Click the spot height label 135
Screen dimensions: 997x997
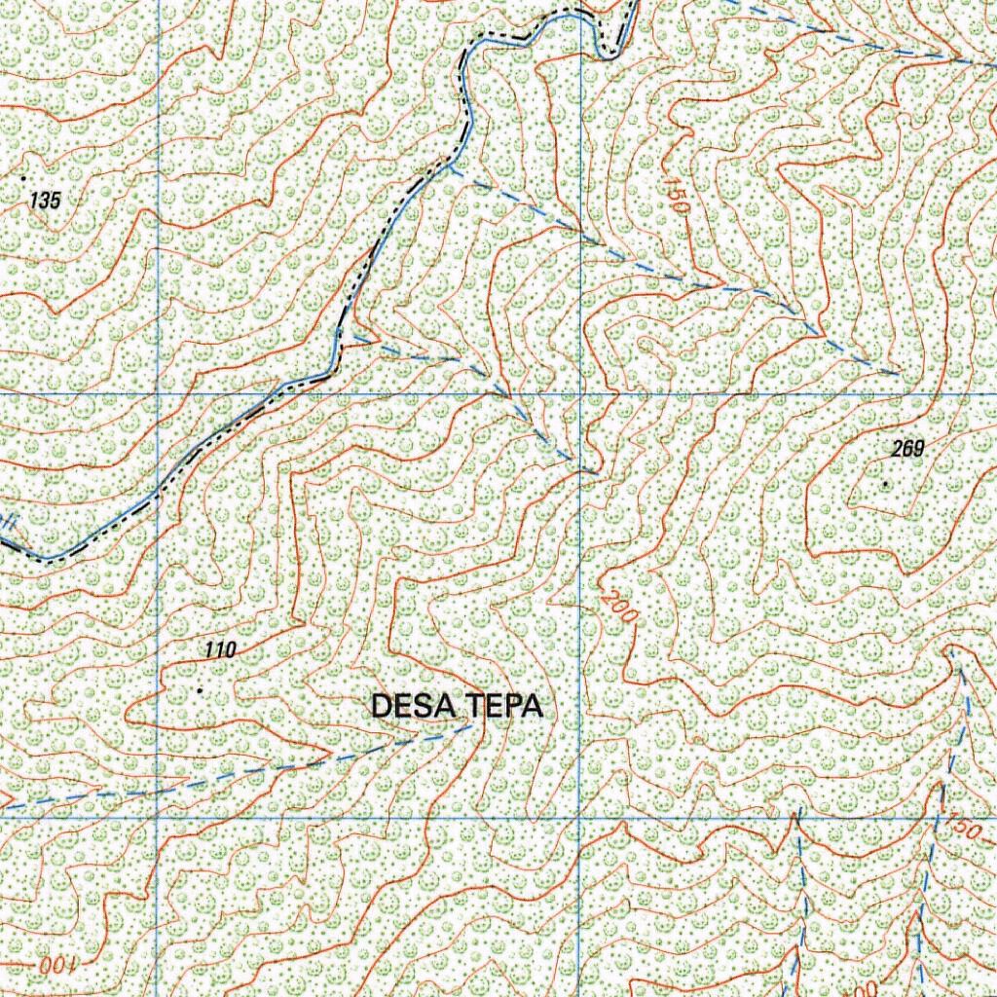click(x=45, y=201)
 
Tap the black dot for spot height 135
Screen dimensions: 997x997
click(x=23, y=179)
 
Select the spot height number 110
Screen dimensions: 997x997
click(x=220, y=650)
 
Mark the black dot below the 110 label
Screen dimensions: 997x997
click(x=200, y=690)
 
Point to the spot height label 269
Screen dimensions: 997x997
click(x=906, y=449)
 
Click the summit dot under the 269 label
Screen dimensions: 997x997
click(x=885, y=483)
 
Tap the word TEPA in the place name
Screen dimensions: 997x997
click(x=506, y=706)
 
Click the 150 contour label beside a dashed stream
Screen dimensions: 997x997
click(x=961, y=831)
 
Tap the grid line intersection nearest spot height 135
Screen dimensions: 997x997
click(x=158, y=393)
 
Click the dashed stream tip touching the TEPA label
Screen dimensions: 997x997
click(x=472, y=725)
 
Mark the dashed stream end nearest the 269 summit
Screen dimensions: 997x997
click(x=898, y=374)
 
